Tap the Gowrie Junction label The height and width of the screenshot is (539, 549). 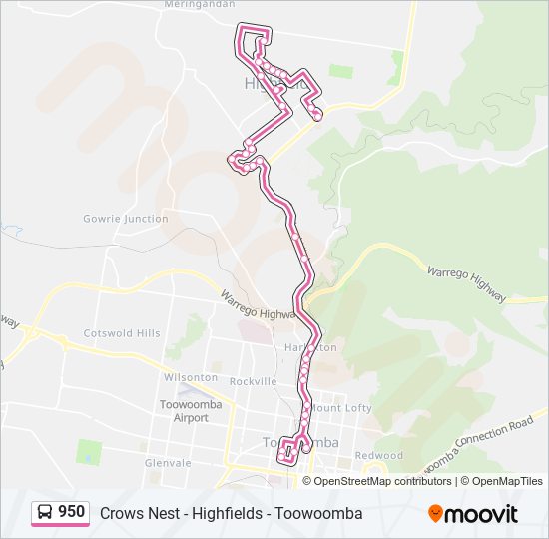tap(126, 218)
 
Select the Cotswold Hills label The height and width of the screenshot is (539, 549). tap(122, 333)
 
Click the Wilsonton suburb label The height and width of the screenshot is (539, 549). tap(190, 377)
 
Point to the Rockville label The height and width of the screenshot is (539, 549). tap(253, 381)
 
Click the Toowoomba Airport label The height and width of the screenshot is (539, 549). tap(184, 411)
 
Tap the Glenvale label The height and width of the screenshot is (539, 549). tap(168, 463)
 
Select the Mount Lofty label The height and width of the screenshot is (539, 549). tap(342, 408)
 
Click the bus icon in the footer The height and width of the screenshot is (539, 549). tap(44, 513)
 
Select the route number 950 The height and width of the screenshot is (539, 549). tap(71, 512)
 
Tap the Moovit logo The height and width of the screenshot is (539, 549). tap(474, 514)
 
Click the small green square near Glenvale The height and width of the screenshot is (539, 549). tap(89, 451)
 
